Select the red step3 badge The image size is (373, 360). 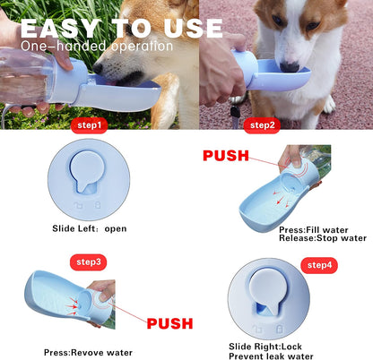point(88,262)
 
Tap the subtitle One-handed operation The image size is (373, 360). point(97,46)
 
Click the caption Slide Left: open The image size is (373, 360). point(89,228)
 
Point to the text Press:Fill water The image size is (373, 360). point(315,229)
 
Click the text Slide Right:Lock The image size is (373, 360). point(266,346)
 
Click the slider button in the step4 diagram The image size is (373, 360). point(266,296)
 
